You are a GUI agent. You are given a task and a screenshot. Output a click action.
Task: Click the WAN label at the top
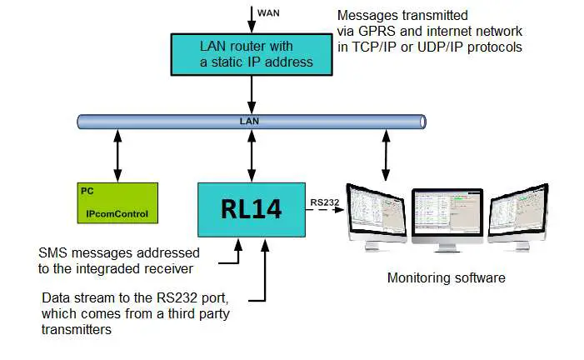(x=269, y=13)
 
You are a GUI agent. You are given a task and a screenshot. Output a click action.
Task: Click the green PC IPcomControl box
(x=117, y=203)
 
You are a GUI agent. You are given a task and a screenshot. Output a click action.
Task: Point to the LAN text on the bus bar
(x=250, y=122)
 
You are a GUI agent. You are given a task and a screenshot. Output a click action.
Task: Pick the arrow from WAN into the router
(x=250, y=17)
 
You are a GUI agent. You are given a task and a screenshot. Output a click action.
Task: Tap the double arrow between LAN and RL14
(x=251, y=156)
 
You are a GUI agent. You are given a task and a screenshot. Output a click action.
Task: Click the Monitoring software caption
(x=446, y=277)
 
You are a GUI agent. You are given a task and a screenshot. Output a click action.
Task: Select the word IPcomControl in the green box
(x=117, y=214)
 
